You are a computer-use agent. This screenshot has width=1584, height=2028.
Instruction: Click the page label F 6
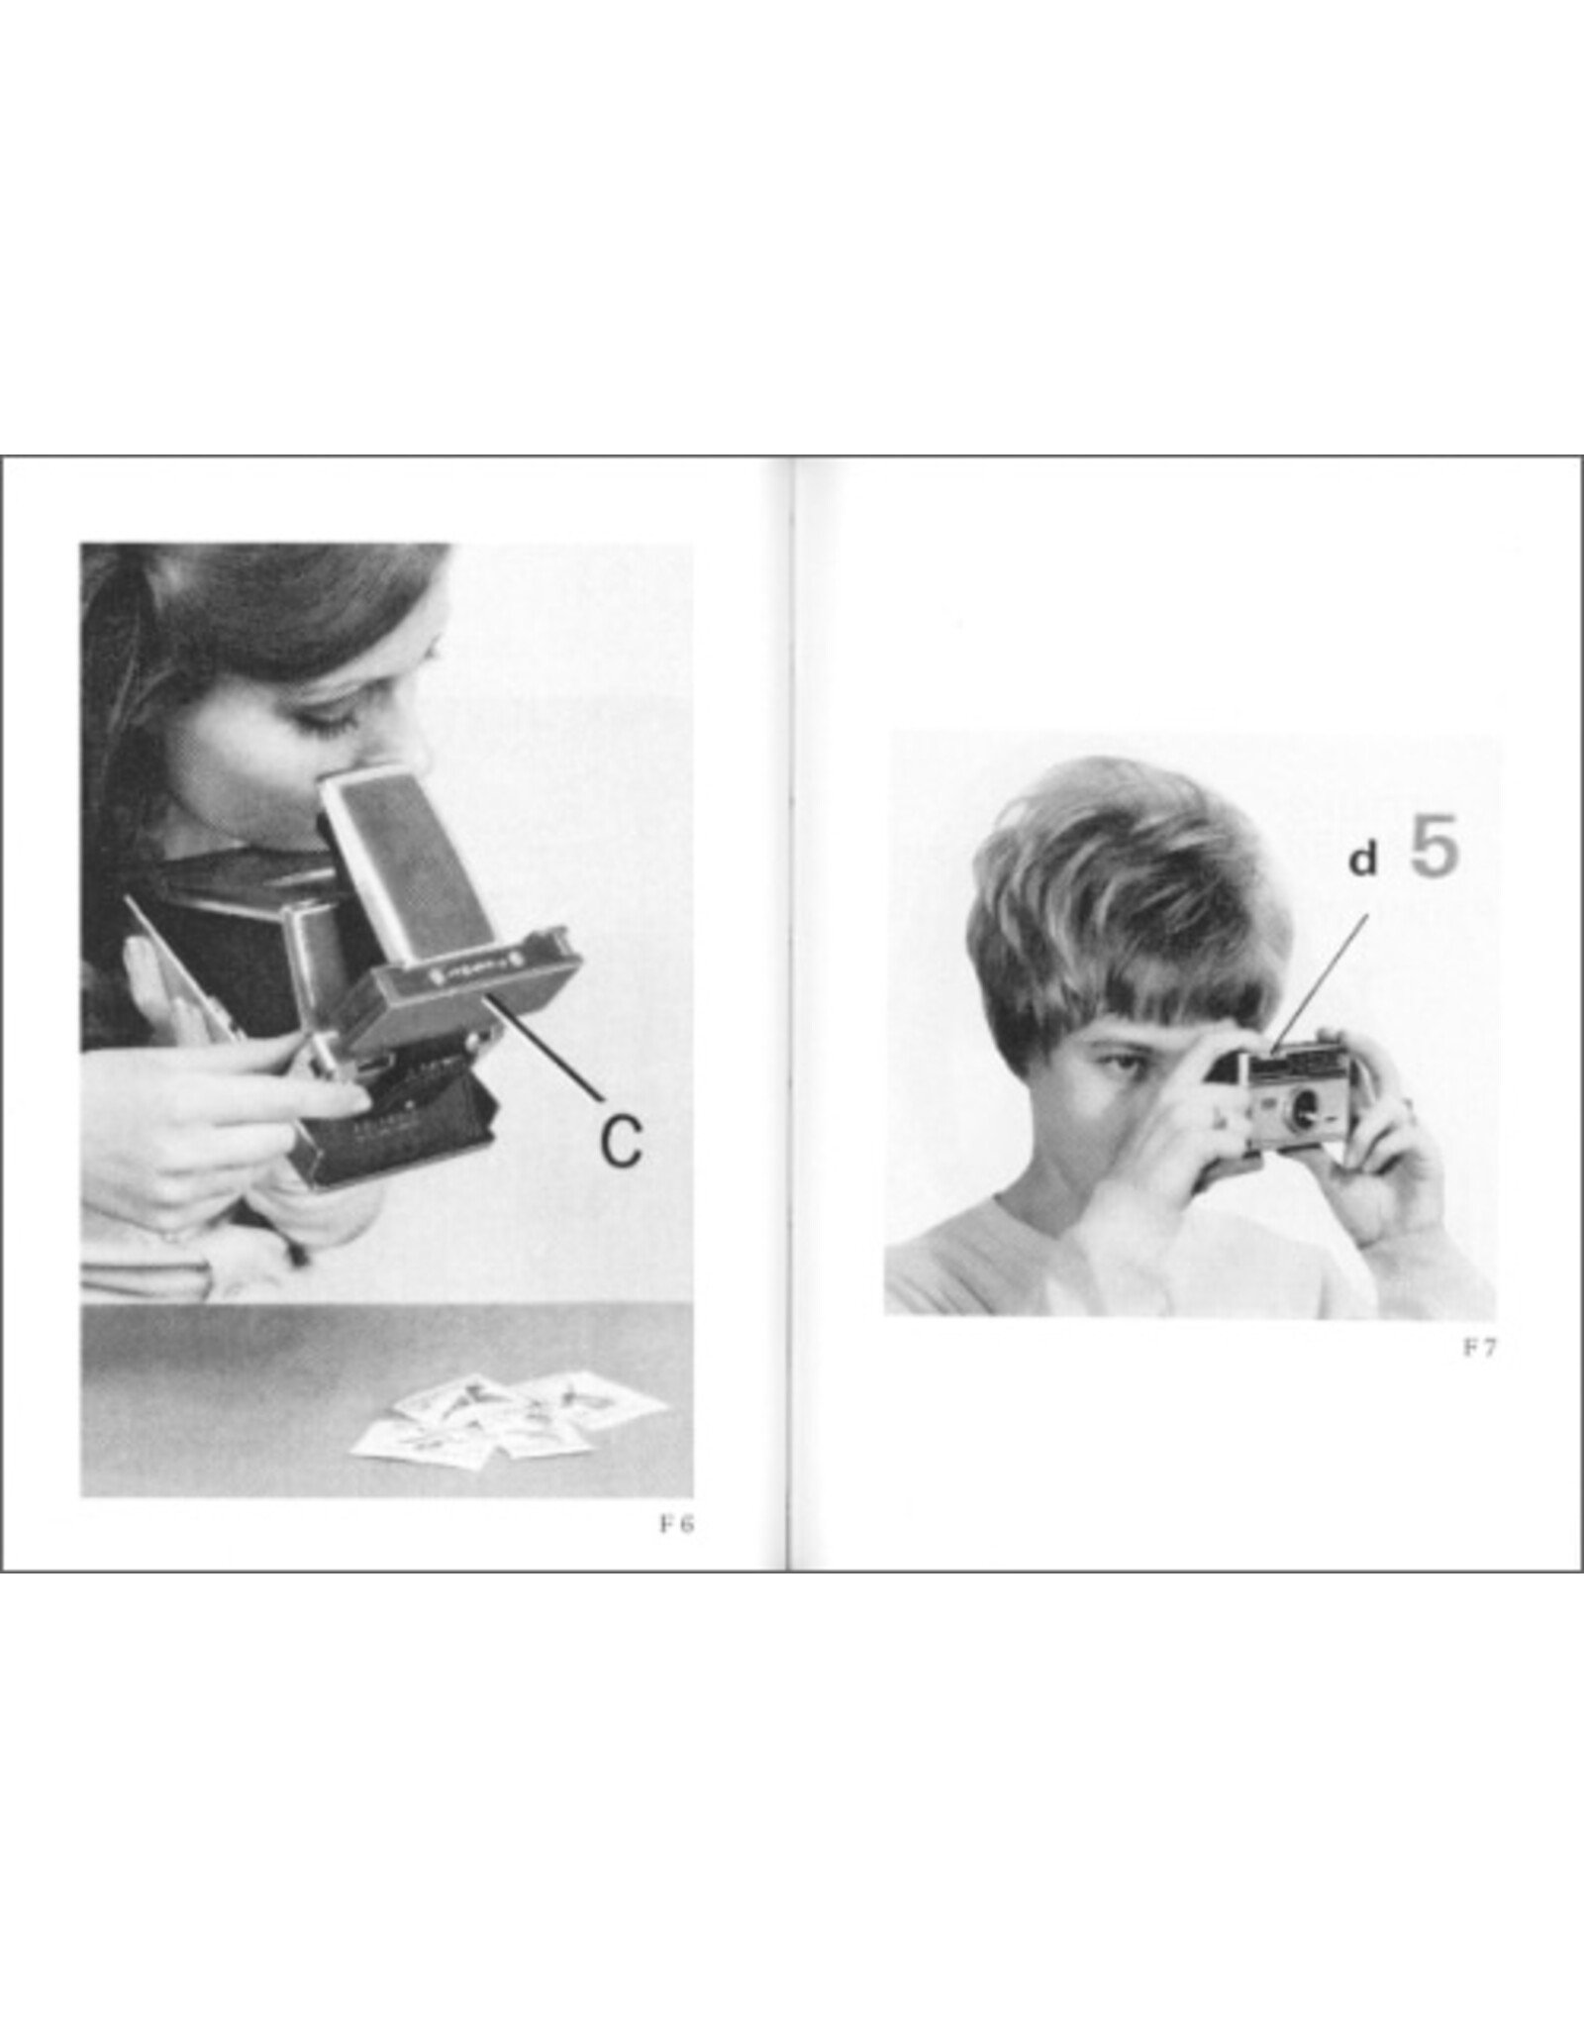(x=677, y=1524)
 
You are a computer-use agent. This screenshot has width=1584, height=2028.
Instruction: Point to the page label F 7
(x=1480, y=1348)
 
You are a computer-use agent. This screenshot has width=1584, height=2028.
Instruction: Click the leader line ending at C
(x=544, y=1050)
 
